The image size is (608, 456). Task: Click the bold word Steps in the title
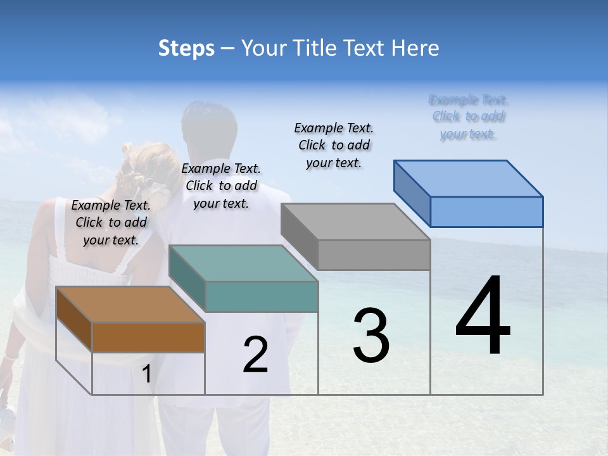tap(186, 49)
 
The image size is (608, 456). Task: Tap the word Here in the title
tap(416, 48)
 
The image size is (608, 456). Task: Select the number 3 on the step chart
tap(371, 335)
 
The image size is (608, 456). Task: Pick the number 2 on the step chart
tap(255, 355)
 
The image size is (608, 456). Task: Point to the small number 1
tap(146, 374)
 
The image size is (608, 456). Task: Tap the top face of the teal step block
tap(244, 263)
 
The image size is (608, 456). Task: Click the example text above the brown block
tap(111, 222)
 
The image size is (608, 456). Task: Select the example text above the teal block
tap(221, 186)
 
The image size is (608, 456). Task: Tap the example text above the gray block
tap(334, 145)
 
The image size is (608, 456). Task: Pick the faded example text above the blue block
tap(469, 117)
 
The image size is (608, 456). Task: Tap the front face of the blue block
tap(486, 212)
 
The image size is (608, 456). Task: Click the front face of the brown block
tap(148, 337)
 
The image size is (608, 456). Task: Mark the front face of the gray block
tap(374, 255)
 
